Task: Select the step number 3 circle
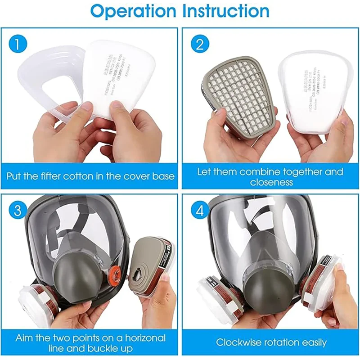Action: pyautogui.click(x=17, y=210)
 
